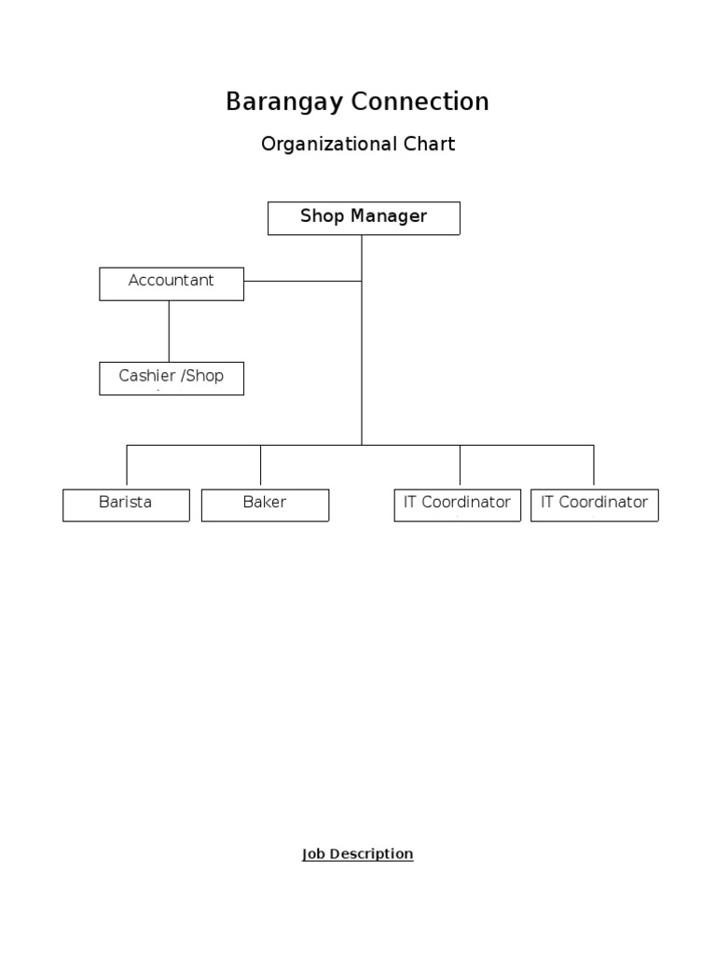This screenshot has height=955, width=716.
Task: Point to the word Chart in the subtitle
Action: coord(429,145)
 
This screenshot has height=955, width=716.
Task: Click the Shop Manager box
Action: coord(364,217)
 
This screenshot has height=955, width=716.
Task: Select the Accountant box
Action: coord(172,284)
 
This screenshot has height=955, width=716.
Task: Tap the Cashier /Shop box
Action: coord(172,378)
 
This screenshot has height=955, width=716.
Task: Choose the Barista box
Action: coord(126,505)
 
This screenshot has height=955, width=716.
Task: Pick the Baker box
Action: coord(265,505)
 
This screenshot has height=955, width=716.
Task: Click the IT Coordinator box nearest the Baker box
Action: coord(457,505)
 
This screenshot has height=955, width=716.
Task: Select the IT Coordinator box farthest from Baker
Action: coord(594,505)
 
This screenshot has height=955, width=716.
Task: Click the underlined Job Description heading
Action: coord(357,854)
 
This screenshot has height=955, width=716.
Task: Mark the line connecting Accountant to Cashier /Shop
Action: coord(169,331)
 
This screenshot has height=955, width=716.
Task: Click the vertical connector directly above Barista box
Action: coord(127,466)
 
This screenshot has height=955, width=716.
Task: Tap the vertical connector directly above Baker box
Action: coord(260,466)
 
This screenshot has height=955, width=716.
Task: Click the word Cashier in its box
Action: coord(147,376)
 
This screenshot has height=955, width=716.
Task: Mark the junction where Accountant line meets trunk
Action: coord(362,281)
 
